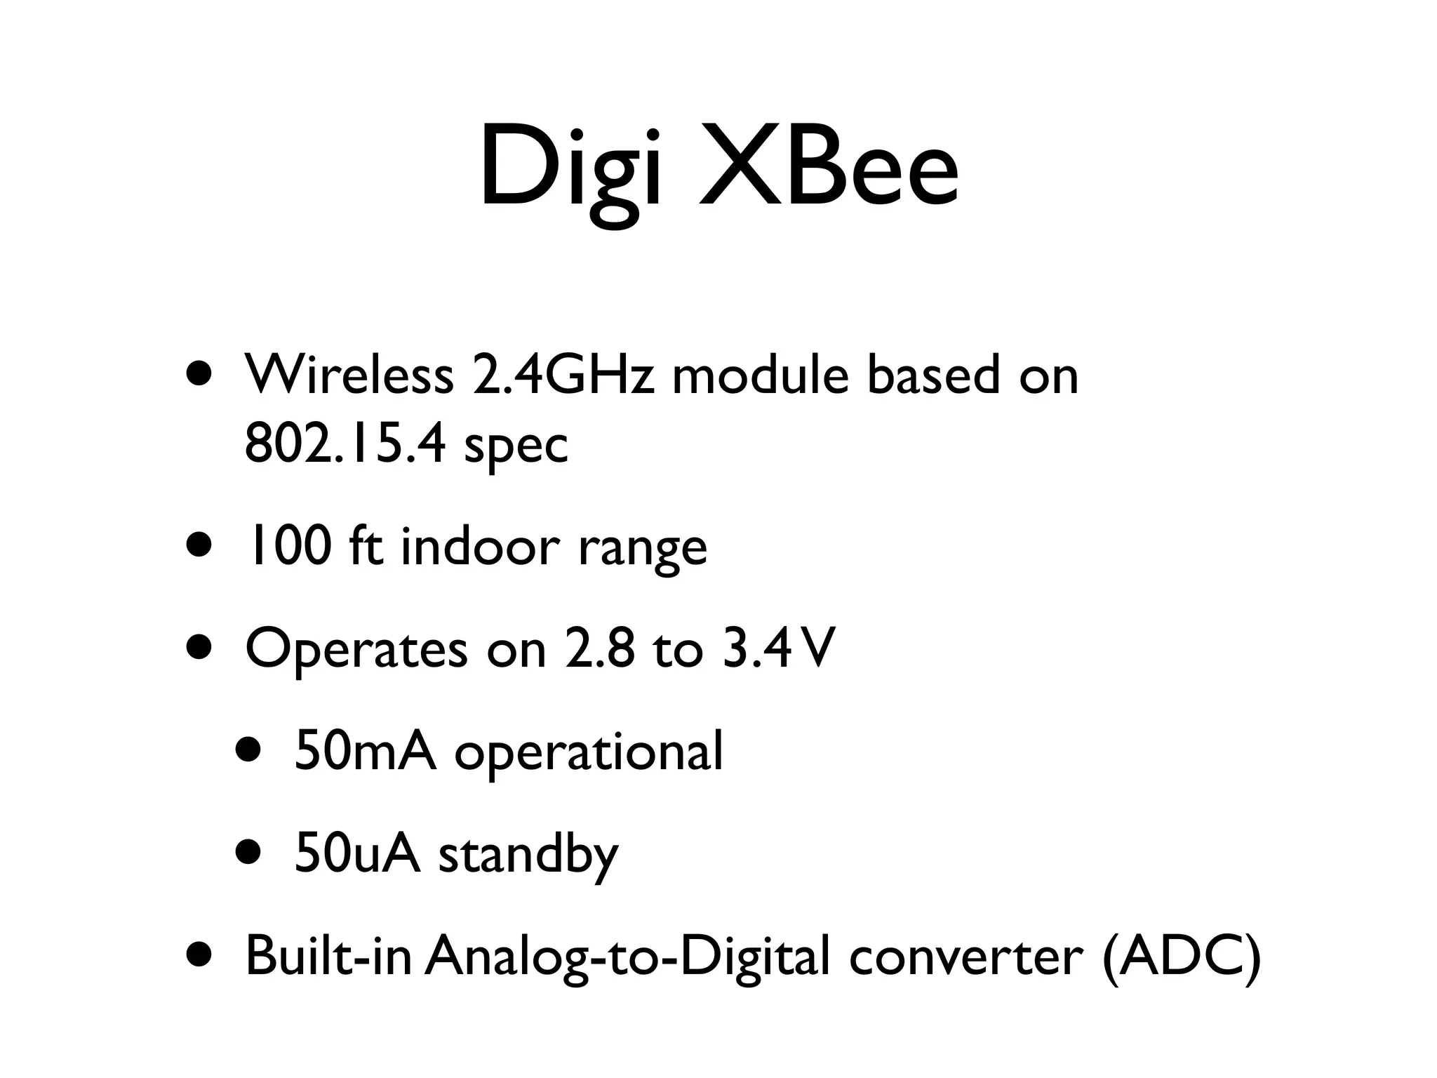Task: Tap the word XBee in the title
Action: pyautogui.click(x=829, y=168)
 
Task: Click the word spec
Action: pyautogui.click(x=516, y=449)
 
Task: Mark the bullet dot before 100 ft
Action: pyautogui.click(x=199, y=545)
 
